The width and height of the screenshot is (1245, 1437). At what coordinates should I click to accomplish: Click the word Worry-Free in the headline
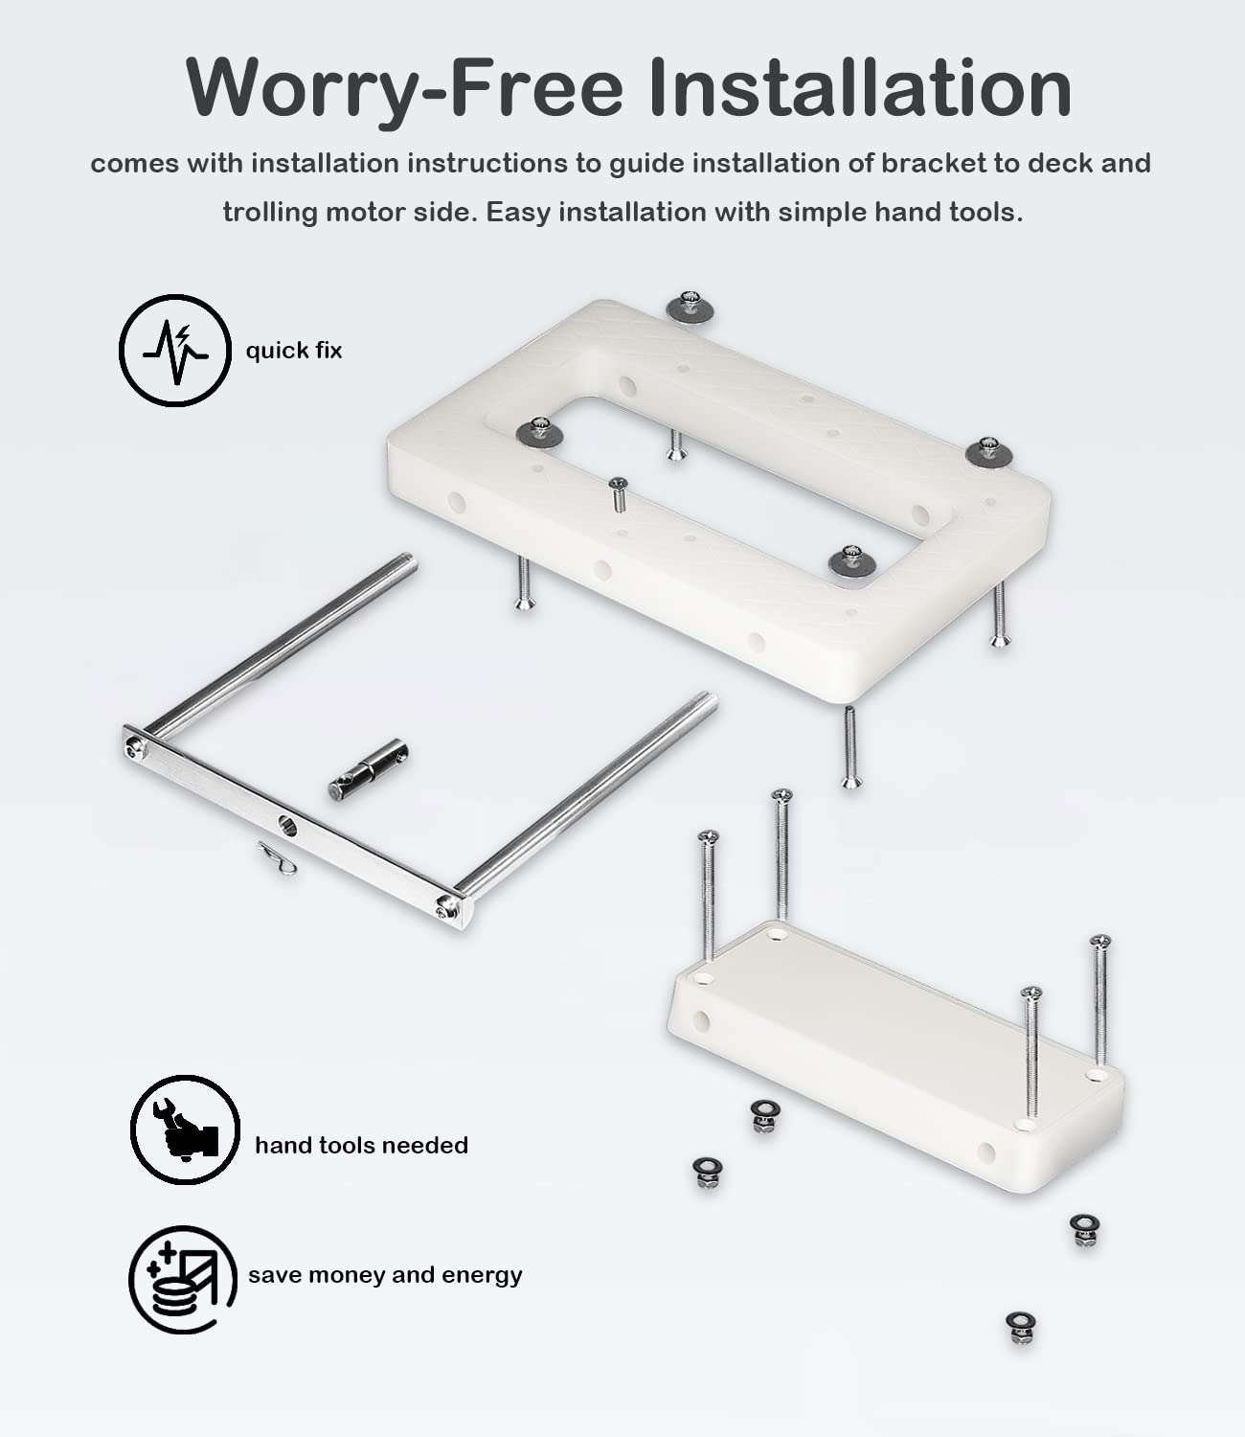point(404,88)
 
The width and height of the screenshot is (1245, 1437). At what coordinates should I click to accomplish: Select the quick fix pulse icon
point(175,351)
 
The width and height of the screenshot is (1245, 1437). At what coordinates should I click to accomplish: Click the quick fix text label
point(294,351)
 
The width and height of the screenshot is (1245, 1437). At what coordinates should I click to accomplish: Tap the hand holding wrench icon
point(185,1129)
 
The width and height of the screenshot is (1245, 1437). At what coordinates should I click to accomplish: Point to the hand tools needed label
point(361,1145)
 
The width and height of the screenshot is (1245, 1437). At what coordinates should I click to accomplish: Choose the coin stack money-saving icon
point(183,1279)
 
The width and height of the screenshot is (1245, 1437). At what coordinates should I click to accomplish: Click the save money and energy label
point(385,1275)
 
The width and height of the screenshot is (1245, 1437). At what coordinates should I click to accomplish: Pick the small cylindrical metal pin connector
point(369,770)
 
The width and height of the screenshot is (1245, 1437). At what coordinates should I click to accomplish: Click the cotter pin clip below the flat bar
point(277,858)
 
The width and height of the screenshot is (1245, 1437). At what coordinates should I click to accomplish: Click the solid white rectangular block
point(894,1053)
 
